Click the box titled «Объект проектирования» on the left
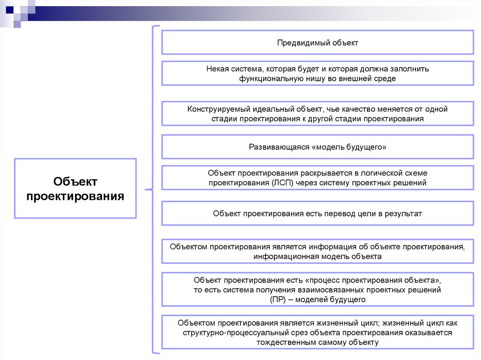point(75,188)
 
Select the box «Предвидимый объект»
point(318,43)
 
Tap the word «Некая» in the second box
point(217,69)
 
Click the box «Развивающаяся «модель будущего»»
point(318,147)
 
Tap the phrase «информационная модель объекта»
point(318,256)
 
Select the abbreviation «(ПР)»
point(279,299)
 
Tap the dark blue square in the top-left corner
point(9,9)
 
